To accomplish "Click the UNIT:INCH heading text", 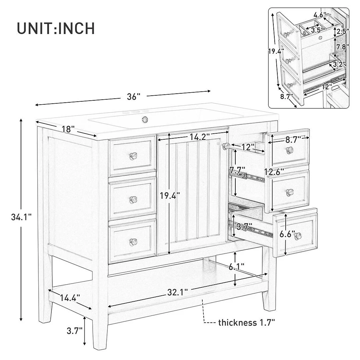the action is (x=56, y=28).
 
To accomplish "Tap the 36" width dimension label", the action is (x=134, y=97).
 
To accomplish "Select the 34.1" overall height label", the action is (x=21, y=217).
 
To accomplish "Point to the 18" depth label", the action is (x=68, y=129).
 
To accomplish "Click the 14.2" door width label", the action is (x=200, y=137).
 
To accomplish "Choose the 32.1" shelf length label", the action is (x=177, y=292).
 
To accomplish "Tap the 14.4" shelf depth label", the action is (x=70, y=298).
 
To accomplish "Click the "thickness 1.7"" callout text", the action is (x=246, y=323).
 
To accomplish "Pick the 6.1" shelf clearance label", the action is (x=236, y=266).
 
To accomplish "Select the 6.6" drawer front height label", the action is (x=287, y=234).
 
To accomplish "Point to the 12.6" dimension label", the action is (x=274, y=171).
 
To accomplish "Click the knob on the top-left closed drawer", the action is (x=133, y=156).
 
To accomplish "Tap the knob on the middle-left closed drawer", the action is (x=133, y=199).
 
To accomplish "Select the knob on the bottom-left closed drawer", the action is (x=133, y=241).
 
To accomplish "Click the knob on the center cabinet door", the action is (x=226, y=145).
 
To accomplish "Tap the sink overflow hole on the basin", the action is (x=145, y=119).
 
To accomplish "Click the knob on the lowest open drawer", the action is (x=298, y=235).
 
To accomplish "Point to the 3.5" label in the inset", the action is (x=317, y=30).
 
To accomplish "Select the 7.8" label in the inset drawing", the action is (x=342, y=47).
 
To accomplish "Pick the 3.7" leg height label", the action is (x=74, y=331).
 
